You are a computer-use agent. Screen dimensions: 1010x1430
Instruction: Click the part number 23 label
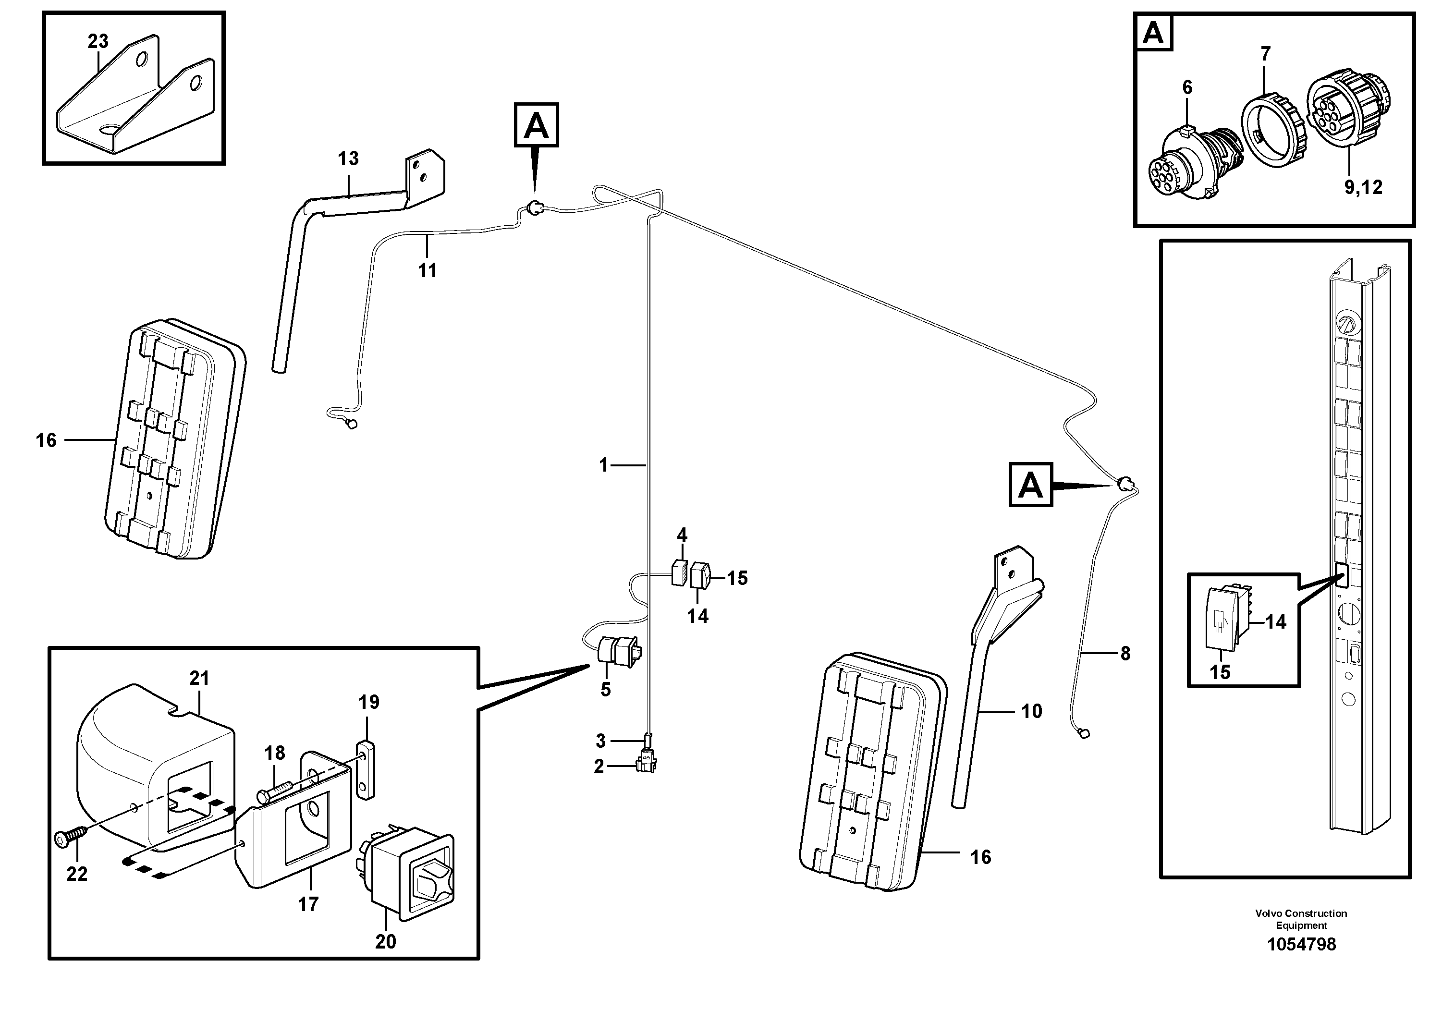98,42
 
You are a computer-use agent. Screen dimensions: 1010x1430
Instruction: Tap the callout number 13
348,159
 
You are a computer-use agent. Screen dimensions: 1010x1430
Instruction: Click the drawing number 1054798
1301,945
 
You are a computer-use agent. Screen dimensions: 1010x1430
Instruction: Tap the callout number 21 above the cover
199,678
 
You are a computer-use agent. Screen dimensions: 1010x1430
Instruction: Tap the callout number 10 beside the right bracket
1031,711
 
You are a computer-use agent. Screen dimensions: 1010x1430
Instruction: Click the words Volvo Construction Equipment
1301,919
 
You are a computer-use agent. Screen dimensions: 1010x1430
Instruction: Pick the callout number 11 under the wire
427,270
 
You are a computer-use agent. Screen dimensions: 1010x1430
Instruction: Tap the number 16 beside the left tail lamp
46,441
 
